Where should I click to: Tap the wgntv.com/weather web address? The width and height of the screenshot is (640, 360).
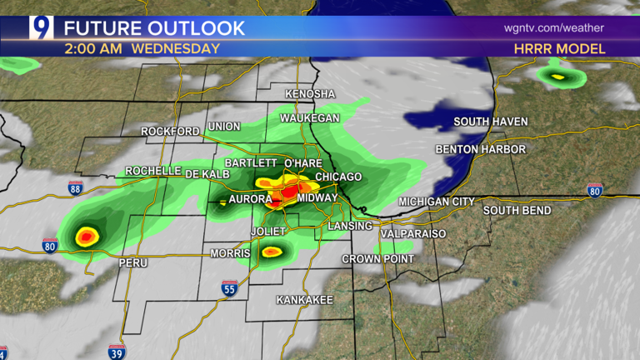(x=553, y=28)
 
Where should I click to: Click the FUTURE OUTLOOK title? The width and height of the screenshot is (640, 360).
(x=155, y=28)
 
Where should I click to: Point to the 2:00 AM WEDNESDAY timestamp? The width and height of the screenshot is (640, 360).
(x=142, y=49)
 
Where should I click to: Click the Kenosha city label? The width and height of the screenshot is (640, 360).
(x=309, y=94)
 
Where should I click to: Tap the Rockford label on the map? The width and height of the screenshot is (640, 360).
(x=170, y=132)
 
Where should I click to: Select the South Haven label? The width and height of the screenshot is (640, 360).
(x=490, y=122)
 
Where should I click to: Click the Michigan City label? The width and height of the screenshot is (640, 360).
(x=436, y=202)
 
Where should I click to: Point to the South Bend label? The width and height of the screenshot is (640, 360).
(x=517, y=211)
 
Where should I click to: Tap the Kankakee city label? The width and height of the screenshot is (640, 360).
(x=304, y=299)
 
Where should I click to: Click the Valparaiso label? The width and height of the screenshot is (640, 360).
(x=413, y=234)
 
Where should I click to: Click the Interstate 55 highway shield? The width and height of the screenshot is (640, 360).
(x=229, y=288)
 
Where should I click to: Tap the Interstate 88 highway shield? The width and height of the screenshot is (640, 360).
(x=76, y=188)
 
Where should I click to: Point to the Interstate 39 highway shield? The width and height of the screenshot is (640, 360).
(x=117, y=351)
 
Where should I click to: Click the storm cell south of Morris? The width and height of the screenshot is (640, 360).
(x=272, y=251)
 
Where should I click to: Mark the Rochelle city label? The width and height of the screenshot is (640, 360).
(x=153, y=171)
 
